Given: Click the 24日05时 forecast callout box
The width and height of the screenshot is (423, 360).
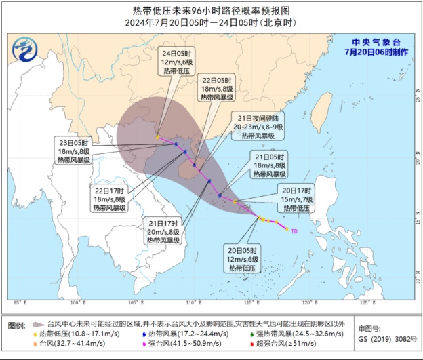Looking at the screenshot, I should click(x=178, y=63).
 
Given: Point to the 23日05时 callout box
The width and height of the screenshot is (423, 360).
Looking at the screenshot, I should click(x=75, y=152).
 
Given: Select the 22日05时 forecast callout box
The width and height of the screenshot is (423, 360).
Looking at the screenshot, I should click(x=216, y=89).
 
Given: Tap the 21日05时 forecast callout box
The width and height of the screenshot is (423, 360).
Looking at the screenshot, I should click(x=270, y=165).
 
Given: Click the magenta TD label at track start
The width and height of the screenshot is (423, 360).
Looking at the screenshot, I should click(x=294, y=231).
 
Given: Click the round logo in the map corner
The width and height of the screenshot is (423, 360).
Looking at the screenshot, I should click(x=24, y=49).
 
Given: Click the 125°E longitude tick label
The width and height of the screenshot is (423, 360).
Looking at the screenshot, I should click(x=364, y=302).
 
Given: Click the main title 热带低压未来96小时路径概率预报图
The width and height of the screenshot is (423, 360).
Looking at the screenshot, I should click(x=211, y=11).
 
